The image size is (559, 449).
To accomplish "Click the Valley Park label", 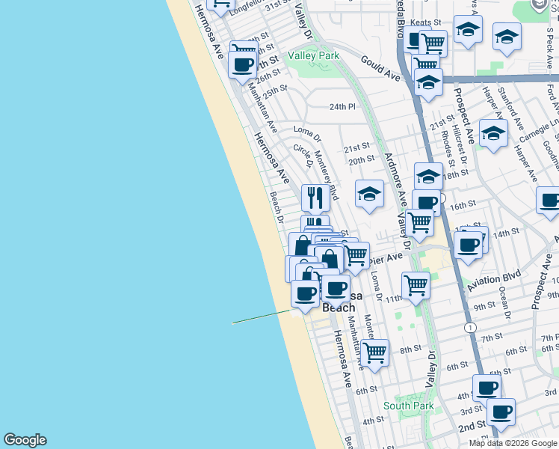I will point(314,55).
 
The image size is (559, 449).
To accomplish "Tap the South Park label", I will point(408,406).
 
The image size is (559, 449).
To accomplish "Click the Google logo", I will point(25,440).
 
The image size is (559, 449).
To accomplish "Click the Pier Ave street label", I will point(386,258).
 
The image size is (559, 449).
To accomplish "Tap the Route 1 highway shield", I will point(469,328).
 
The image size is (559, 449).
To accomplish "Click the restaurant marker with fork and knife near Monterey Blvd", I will point(315,198).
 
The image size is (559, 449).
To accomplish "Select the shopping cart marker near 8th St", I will point(374,352).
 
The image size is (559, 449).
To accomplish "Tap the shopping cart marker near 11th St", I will point(416,284).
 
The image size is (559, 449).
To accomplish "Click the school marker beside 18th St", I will point(428,177).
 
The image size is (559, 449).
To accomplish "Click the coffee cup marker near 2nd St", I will point(501,411).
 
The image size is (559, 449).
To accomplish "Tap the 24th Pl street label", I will point(342,107).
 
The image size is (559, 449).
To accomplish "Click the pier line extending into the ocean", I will point(262,317).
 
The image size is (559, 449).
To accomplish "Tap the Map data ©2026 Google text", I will point(513,443).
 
